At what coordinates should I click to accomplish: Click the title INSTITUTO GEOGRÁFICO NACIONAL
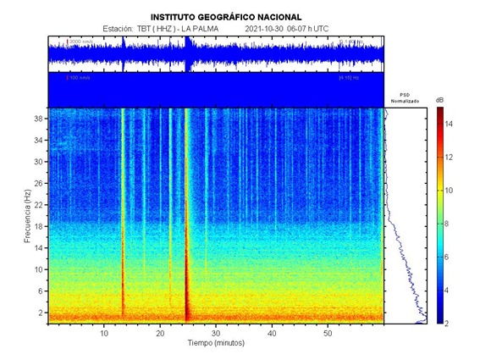[225, 16]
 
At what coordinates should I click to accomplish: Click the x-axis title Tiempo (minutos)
[216, 344]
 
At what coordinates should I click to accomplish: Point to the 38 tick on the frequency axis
[38, 119]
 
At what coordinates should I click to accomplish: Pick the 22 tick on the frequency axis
[38, 205]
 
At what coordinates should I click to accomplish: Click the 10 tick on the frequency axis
[38, 269]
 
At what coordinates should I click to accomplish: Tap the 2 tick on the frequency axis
[40, 313]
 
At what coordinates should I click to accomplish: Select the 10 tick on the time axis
[104, 333]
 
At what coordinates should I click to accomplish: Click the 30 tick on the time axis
[216, 333]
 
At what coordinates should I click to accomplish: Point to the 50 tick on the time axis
[328, 333]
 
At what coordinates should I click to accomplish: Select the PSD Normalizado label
[405, 99]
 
